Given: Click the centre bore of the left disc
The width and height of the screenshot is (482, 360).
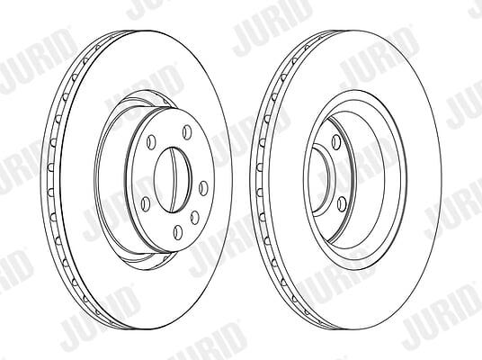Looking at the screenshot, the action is click(x=173, y=180).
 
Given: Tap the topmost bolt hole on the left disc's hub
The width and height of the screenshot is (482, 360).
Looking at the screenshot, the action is click(x=186, y=132).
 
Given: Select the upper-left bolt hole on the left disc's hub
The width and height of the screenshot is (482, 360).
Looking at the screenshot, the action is click(x=151, y=142).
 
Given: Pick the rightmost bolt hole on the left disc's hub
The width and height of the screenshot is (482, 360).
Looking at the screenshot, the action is click(x=203, y=188).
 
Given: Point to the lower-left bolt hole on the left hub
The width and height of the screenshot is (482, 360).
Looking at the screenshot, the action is click(x=146, y=204).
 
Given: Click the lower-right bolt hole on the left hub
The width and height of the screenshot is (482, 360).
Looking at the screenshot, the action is click(x=194, y=217).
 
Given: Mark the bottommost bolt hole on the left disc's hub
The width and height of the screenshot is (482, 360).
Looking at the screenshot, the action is click(x=178, y=232).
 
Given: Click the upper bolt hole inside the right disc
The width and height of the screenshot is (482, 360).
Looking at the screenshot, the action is click(x=336, y=141).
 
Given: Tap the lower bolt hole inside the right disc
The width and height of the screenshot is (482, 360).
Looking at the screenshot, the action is click(x=342, y=204).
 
